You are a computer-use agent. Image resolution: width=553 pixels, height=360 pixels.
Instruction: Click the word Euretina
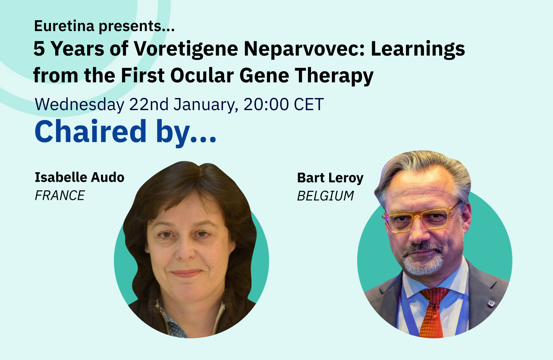64,27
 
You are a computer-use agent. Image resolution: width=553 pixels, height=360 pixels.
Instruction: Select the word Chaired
91,131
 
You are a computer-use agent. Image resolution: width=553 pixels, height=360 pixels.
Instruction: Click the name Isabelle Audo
79,177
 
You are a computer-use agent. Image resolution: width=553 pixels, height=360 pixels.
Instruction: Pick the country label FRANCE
60,196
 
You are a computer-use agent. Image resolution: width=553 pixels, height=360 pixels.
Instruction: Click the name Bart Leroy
330,178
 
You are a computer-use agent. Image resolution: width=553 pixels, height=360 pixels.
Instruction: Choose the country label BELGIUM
325,196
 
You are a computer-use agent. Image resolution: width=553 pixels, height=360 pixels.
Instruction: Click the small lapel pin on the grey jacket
490,303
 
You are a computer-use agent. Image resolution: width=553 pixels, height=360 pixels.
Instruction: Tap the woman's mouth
186,273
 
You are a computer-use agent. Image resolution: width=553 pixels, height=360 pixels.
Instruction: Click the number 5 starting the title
39,50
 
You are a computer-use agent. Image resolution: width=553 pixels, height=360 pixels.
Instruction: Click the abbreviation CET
309,104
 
